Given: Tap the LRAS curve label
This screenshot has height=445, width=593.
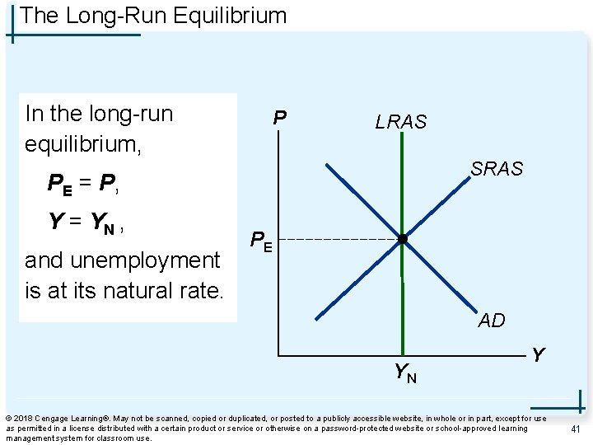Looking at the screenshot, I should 401,122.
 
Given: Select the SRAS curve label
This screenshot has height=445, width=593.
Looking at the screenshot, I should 497,169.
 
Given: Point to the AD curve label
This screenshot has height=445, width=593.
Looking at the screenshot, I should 492,321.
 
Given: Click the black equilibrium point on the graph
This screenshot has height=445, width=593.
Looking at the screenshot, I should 402,240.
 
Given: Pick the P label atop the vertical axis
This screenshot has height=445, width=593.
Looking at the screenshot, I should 280,119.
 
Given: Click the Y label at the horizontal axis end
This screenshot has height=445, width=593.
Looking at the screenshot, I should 538,355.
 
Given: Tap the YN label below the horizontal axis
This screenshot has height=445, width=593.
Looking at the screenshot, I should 404,373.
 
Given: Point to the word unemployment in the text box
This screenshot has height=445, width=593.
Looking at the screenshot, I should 122,260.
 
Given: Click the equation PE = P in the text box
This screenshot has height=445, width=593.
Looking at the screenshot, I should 83,184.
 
